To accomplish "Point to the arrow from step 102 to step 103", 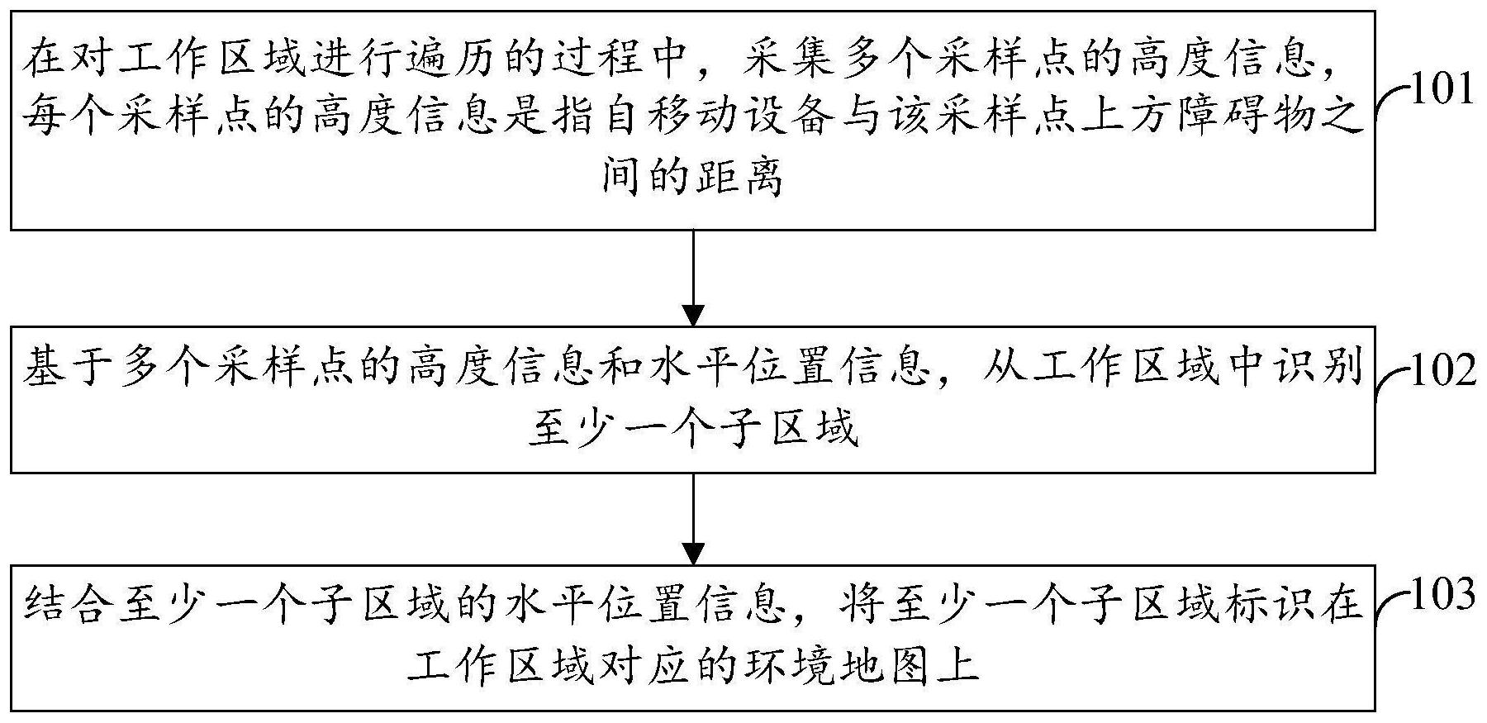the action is [x=693, y=518].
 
